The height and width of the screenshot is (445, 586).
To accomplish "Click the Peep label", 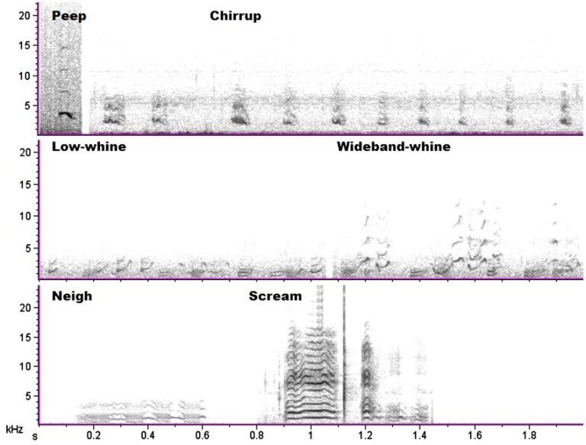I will pyautogui.click(x=69, y=16).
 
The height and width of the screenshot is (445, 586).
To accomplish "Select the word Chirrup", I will pyautogui.click(x=235, y=16).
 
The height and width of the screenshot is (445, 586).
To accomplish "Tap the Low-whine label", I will pyautogui.click(x=89, y=147).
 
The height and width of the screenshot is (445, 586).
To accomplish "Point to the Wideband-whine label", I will pyautogui.click(x=393, y=147).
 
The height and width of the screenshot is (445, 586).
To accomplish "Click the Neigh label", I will pyautogui.click(x=72, y=295).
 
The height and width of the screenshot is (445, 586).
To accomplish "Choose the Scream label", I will pyautogui.click(x=275, y=295).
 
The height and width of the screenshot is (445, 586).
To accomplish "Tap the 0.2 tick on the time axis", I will pyautogui.click(x=93, y=436).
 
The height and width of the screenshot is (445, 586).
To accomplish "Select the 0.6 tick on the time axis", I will pyautogui.click(x=202, y=436).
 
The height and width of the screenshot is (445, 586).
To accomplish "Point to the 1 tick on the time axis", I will pyautogui.click(x=311, y=436).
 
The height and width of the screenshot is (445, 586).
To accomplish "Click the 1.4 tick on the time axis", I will pyautogui.click(x=420, y=436).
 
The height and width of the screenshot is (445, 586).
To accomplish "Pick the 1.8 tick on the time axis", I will pyautogui.click(x=528, y=436).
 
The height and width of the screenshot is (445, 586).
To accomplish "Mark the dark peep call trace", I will pyautogui.click(x=66, y=115).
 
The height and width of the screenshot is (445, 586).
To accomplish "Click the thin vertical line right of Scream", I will pyautogui.click(x=344, y=351).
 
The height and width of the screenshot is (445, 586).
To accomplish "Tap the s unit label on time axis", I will pyautogui.click(x=34, y=437).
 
